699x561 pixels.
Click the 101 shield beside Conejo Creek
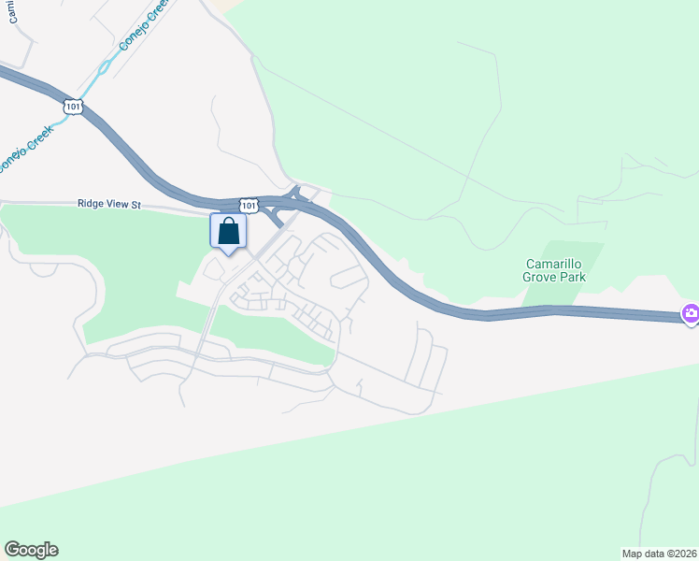[x=73, y=108]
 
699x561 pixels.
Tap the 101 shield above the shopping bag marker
[x=249, y=205]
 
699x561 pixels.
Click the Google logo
[x=31, y=550]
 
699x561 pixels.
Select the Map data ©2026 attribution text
[x=660, y=554]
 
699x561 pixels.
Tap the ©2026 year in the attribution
[x=679, y=554]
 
